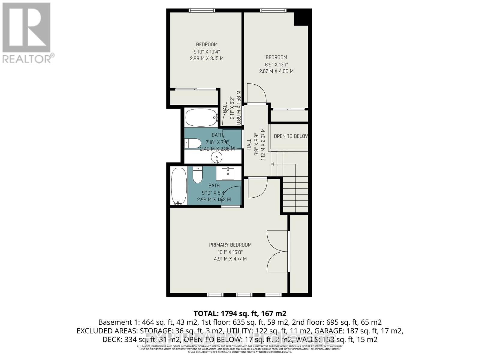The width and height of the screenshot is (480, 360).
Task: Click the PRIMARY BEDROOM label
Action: tap(230, 245)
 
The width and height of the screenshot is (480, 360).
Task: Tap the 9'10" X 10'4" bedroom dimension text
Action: tap(207, 52)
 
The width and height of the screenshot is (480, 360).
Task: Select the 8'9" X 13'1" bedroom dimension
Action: tap(276, 64)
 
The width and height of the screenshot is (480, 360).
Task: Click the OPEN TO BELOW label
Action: tap(290, 136)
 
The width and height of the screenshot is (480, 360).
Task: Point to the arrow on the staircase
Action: tap(273, 164)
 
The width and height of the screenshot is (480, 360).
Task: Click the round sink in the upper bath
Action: tap(216, 157)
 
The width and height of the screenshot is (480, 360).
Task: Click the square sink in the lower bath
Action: tap(228, 173)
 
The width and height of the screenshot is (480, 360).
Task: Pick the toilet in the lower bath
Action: tap(197, 175)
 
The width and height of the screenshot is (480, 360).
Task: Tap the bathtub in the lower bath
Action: tap(178, 186)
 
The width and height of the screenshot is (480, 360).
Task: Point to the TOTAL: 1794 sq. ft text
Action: tap(240, 313)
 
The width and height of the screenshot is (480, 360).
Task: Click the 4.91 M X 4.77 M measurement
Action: tap(230, 259)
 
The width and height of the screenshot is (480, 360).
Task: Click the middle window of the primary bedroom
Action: tap(244, 295)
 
